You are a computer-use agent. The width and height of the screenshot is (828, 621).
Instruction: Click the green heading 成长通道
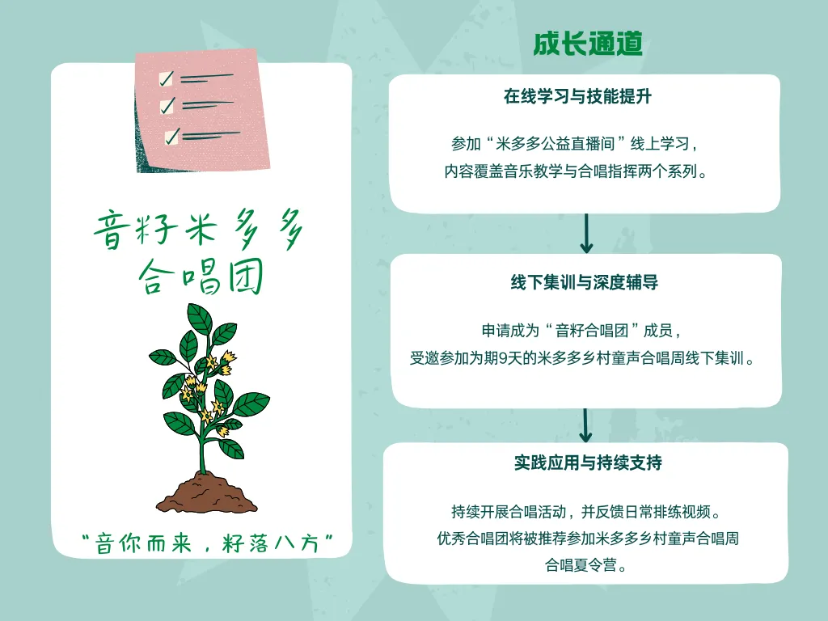click(x=588, y=44)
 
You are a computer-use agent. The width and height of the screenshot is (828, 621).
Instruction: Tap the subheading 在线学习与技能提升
click(x=577, y=97)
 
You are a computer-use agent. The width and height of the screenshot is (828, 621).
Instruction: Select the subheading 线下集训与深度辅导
click(x=585, y=282)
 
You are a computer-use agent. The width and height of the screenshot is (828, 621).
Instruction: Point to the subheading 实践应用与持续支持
click(x=588, y=463)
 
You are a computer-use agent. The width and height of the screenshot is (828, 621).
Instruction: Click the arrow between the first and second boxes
click(x=586, y=233)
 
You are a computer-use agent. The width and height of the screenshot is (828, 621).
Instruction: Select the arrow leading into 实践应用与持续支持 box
click(x=585, y=425)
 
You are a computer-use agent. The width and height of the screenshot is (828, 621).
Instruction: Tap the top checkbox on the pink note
click(x=167, y=78)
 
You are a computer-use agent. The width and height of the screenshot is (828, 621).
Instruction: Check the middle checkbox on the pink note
click(x=168, y=107)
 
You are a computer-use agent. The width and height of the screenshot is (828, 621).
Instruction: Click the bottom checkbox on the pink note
click(x=172, y=136)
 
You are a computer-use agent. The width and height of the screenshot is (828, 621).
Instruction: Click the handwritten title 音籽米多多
click(x=199, y=229)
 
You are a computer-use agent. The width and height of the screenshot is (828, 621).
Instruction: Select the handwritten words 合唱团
click(x=201, y=277)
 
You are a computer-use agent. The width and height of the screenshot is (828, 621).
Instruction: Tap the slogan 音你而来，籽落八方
click(x=207, y=543)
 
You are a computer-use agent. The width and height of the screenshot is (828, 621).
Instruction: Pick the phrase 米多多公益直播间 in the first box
click(x=555, y=144)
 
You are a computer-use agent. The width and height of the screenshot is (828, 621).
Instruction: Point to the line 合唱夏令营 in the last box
click(x=581, y=565)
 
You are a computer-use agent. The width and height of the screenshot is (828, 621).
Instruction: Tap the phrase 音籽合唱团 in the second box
click(x=592, y=331)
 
